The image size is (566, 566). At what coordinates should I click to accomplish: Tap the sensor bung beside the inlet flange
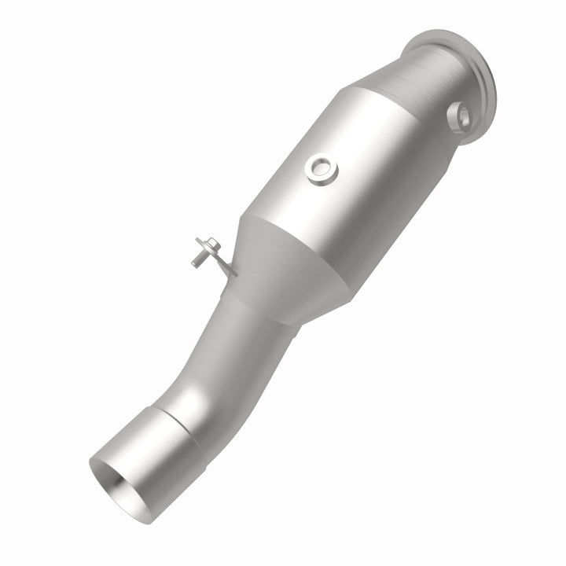459,117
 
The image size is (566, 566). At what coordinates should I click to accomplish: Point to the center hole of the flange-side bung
461,117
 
